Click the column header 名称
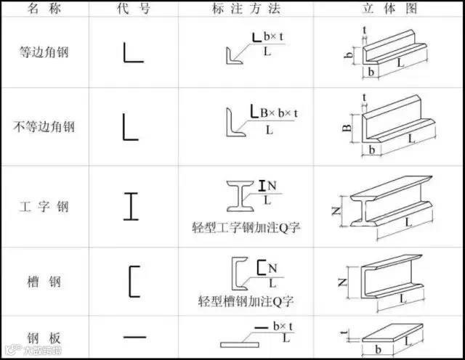pyautogui.click(x=44, y=9)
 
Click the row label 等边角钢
pyautogui.click(x=44, y=52)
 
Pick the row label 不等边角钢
pyautogui.click(x=44, y=128)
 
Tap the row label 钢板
pyautogui.click(x=44, y=337)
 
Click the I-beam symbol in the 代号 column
pyautogui.click(x=131, y=205)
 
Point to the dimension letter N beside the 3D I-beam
pyautogui.click(x=336, y=211)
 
